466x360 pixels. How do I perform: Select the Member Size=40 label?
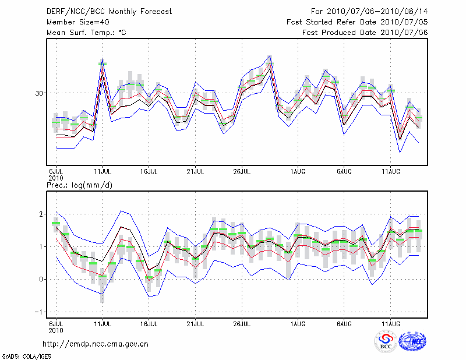point(73,22)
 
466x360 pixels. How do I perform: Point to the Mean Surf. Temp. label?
point(86,33)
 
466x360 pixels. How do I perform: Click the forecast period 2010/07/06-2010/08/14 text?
point(369,11)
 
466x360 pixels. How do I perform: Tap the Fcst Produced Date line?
point(365,33)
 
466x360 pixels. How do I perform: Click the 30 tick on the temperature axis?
point(39,93)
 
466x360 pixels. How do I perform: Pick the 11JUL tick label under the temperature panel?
point(103,171)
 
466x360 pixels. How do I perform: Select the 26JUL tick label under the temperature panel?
point(242,171)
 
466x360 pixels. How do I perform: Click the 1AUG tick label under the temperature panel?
point(298,171)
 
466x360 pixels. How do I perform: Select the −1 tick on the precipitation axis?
point(40,312)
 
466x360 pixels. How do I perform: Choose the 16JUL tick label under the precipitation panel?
point(149,322)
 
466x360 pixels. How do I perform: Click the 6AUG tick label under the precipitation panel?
point(344,322)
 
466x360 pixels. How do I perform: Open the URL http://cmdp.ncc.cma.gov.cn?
point(96,344)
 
